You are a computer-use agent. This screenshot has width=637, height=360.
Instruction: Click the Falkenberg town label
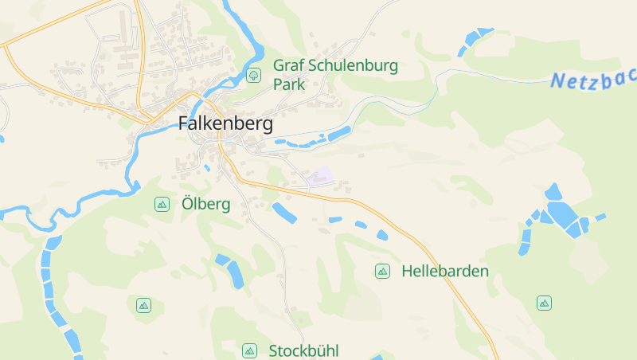pos(225,123)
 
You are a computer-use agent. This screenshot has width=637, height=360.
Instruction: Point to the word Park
pos(289,84)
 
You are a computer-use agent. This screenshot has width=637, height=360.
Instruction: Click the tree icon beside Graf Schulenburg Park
pos(254,75)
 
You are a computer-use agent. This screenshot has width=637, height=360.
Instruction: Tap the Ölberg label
pos(205,204)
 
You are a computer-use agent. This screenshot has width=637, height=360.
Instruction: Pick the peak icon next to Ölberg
pos(162,204)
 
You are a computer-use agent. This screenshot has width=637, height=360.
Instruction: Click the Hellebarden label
pos(445,271)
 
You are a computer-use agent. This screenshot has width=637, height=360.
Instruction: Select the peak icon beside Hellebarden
pos(382,271)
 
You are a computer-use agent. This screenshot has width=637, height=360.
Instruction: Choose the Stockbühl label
pos(304,350)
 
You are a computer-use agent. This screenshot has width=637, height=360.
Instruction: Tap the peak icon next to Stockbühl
pos(249,350)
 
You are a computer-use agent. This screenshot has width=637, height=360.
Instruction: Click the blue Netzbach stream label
pos(593,80)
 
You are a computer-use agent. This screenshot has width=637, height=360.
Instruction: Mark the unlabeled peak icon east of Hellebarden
pos(544,303)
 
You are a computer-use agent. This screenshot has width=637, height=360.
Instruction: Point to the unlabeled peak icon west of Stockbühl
pos(143,304)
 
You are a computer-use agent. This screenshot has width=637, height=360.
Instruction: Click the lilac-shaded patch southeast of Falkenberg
pos(322,176)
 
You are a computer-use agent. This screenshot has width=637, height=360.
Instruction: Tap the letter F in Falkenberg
pos(183,123)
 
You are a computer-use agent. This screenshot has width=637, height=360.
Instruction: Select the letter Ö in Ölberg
pos(188,203)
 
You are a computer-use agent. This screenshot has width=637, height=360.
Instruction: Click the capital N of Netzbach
pos(558,80)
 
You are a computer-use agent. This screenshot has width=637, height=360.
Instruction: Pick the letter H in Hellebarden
pos(408,271)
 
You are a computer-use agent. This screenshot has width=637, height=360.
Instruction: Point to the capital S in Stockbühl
pos(274,350)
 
